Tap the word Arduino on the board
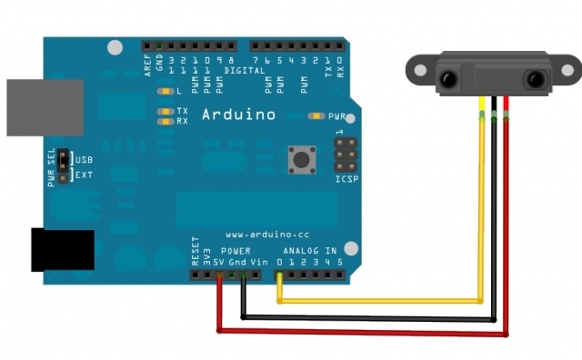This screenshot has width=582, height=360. pos(238,115)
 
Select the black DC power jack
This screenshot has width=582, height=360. pos(62,249)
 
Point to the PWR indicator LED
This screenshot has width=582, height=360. pos(317,116)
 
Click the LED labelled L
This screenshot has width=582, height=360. pos(166,92)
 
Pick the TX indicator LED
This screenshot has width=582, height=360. pos(166,111)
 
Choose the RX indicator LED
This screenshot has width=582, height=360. pos(166,121)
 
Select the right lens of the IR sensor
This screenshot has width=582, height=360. pos(533,80)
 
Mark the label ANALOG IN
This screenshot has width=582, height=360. pos(309,250)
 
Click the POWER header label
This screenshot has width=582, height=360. pos(236,250)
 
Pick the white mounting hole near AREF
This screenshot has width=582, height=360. pos(115,47)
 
